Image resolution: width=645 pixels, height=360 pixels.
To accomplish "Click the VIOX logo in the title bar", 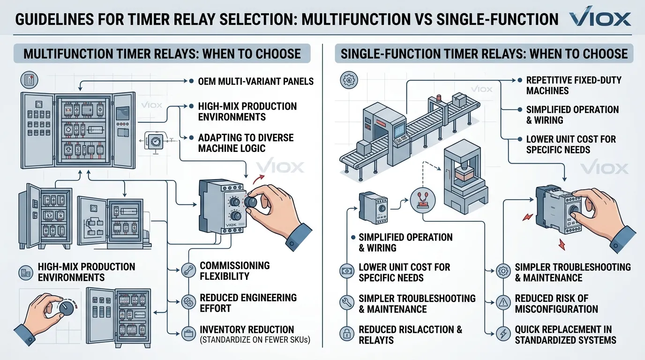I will click(x=600, y=19).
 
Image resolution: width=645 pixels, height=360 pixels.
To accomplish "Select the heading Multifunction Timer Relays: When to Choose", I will click(x=162, y=53).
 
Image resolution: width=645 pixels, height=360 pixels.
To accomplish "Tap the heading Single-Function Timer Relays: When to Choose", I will click(x=484, y=53).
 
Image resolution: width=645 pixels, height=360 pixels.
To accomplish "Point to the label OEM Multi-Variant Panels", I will click(x=255, y=81).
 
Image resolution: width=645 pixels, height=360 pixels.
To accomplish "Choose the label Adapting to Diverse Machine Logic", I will click(x=246, y=143).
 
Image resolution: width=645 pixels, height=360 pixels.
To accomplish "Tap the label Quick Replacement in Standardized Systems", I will click(x=565, y=335).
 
